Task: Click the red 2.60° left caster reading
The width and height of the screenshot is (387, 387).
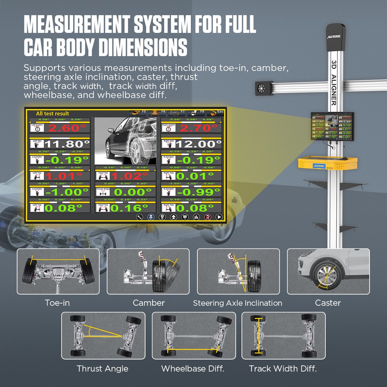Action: click(67, 128)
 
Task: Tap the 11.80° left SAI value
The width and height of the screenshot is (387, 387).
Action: click(67, 144)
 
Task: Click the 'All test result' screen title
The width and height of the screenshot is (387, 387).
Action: click(52, 113)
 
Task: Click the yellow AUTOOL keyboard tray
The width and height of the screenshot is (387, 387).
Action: click(327, 164)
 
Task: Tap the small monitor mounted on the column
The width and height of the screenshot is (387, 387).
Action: click(332, 126)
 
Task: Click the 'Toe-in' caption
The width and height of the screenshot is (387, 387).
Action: click(57, 303)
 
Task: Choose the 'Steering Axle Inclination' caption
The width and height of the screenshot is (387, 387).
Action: click(238, 303)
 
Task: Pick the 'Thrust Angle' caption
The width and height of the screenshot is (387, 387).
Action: click(103, 368)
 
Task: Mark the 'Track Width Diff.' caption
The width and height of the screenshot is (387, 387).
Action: click(283, 368)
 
